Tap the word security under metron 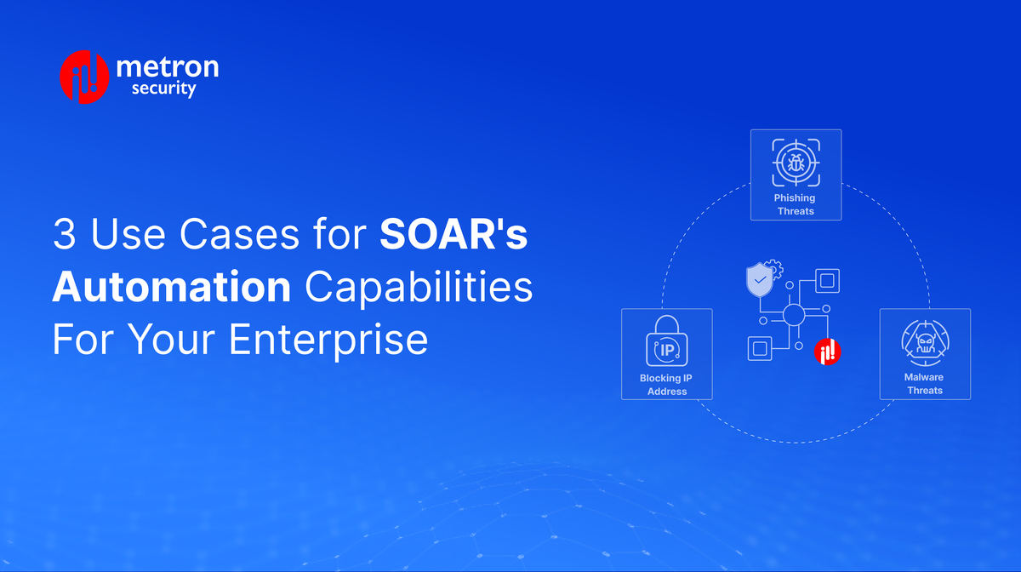(x=164, y=89)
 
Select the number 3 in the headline (x=64, y=236)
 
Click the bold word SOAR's (x=453, y=236)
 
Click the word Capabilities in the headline (x=419, y=288)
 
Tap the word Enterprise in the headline (x=328, y=340)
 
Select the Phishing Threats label (x=795, y=204)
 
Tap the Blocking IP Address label (x=666, y=385)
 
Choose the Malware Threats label (x=924, y=384)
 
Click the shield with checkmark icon (x=759, y=279)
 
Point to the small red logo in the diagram (x=827, y=351)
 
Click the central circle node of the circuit (x=794, y=316)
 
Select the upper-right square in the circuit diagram (x=827, y=280)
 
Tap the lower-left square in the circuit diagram (x=760, y=349)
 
